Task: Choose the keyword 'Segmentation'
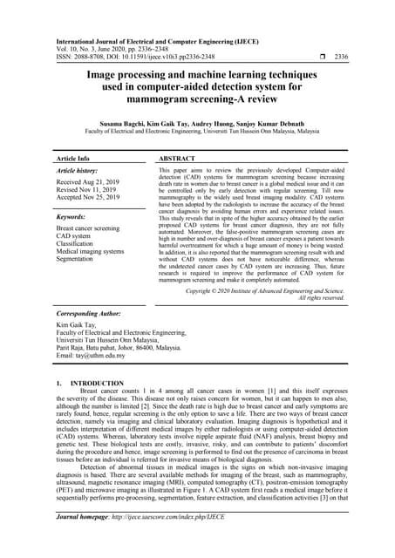[79, 259]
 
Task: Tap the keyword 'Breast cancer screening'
[94, 228]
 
